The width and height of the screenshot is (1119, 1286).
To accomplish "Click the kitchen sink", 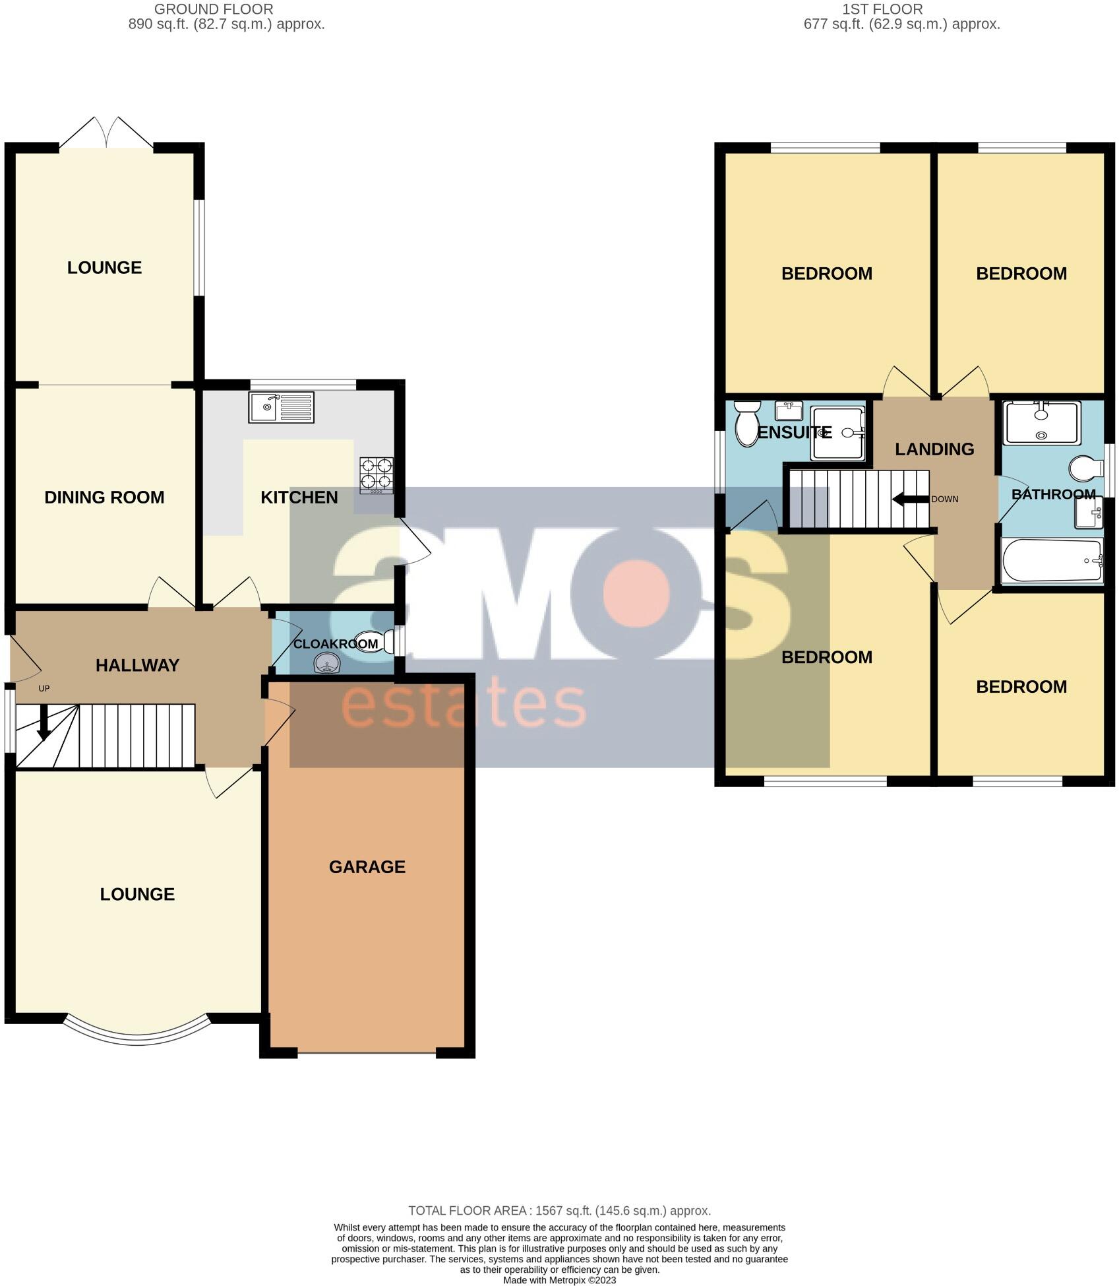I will pyautogui.click(x=282, y=407).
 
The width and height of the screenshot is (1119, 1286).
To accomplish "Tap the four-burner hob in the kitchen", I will pyautogui.click(x=377, y=475).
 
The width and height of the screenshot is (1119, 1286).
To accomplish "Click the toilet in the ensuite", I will pyautogui.click(x=747, y=424).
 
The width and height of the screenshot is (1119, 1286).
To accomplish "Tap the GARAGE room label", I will pyautogui.click(x=367, y=866).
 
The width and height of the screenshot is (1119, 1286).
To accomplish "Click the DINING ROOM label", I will pyautogui.click(x=104, y=497).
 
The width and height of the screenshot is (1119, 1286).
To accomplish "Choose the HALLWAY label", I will pyautogui.click(x=137, y=665).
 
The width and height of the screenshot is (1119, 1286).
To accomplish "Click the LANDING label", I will pyautogui.click(x=934, y=449).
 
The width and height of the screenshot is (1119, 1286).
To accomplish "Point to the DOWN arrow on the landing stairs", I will pyautogui.click(x=910, y=499).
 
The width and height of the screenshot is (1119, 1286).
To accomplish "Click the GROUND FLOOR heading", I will pyautogui.click(x=213, y=9).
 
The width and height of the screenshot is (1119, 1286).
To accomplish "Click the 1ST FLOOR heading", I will pyautogui.click(x=882, y=9).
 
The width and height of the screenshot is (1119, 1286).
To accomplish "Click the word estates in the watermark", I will pyautogui.click(x=463, y=706).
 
